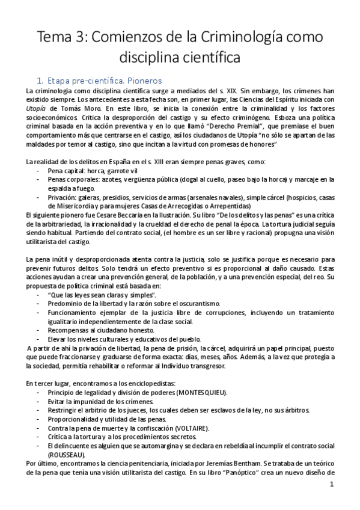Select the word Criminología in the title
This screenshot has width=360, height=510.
coord(221,37)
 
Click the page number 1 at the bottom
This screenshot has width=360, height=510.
coord(332,484)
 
